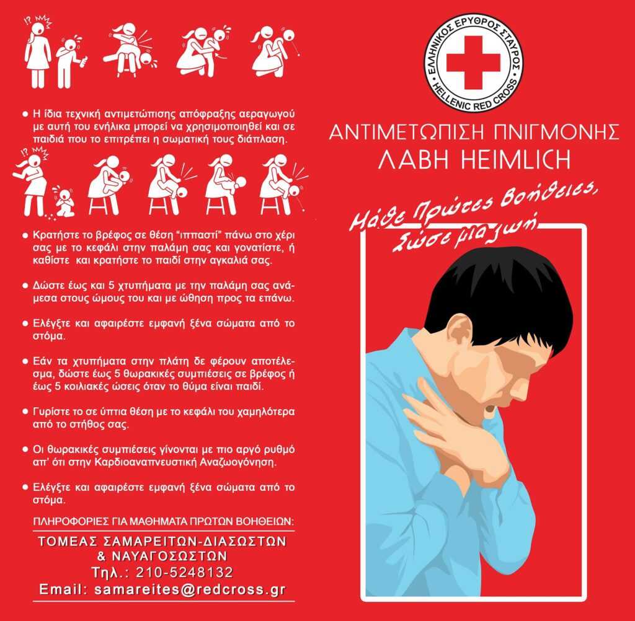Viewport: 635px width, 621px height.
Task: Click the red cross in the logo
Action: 473,63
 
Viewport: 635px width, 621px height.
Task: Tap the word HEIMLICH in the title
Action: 515,159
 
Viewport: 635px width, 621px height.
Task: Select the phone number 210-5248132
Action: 184,573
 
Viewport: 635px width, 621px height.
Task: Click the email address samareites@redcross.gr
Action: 190,589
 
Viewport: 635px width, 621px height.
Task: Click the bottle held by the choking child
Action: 84,62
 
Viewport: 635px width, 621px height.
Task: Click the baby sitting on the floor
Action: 64,201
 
